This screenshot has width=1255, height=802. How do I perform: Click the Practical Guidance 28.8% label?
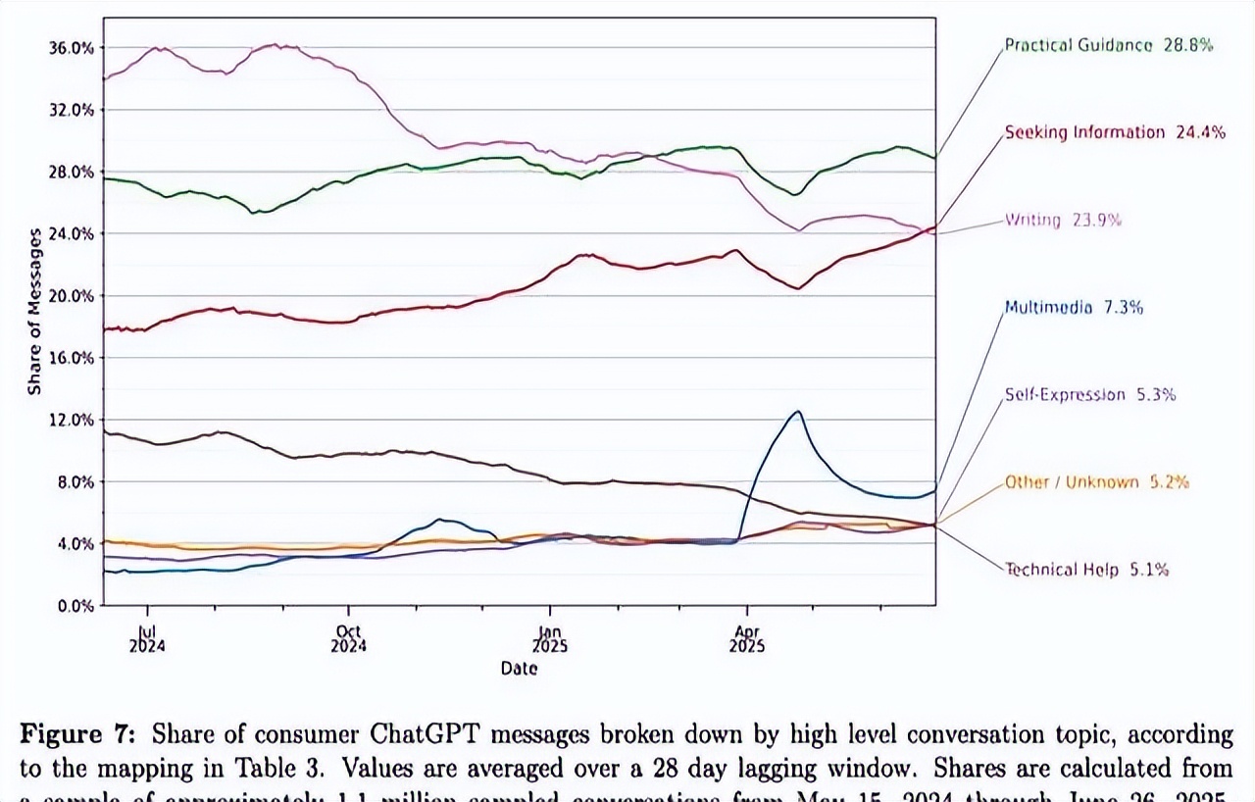click(x=1108, y=45)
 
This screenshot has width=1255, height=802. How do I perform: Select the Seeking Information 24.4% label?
click(x=1114, y=132)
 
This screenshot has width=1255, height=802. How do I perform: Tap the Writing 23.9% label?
click(x=1063, y=220)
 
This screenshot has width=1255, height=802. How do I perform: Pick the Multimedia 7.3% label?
click(x=1073, y=307)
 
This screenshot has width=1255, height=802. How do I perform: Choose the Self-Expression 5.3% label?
click(x=1089, y=394)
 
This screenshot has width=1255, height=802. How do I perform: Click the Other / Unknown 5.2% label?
click(x=1096, y=481)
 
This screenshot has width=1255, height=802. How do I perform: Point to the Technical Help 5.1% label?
click(x=1086, y=569)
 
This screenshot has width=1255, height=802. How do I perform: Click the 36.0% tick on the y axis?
click(x=73, y=47)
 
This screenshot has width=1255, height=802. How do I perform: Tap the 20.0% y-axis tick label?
click(x=73, y=295)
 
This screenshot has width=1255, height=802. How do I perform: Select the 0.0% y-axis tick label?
click(x=76, y=606)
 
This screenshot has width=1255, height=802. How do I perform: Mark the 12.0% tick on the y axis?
click(x=73, y=420)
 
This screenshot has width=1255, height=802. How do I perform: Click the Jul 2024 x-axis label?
click(x=146, y=639)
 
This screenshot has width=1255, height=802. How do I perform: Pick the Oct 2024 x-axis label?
click(x=348, y=639)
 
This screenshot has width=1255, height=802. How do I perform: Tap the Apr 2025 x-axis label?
click(x=747, y=639)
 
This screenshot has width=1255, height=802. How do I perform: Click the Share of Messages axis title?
click(x=35, y=312)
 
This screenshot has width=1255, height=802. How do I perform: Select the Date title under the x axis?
click(x=519, y=669)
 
